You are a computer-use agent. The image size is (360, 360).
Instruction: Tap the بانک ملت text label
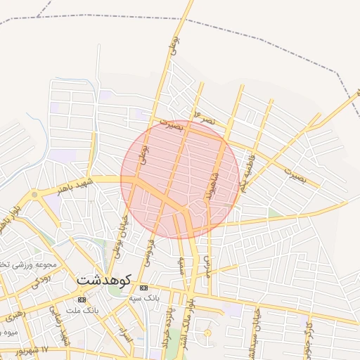[83, 310]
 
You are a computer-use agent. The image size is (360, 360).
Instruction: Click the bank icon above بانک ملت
[82, 300]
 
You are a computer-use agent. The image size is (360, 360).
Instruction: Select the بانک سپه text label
[146, 298]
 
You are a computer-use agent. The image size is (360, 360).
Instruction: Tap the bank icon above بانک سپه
[144, 288]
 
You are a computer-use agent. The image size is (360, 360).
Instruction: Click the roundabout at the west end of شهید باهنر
[34, 194]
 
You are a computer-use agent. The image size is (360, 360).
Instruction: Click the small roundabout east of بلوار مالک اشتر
[207, 333]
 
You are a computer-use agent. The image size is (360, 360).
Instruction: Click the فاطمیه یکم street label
[247, 173]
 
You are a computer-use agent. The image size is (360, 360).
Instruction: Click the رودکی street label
[41, 279]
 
